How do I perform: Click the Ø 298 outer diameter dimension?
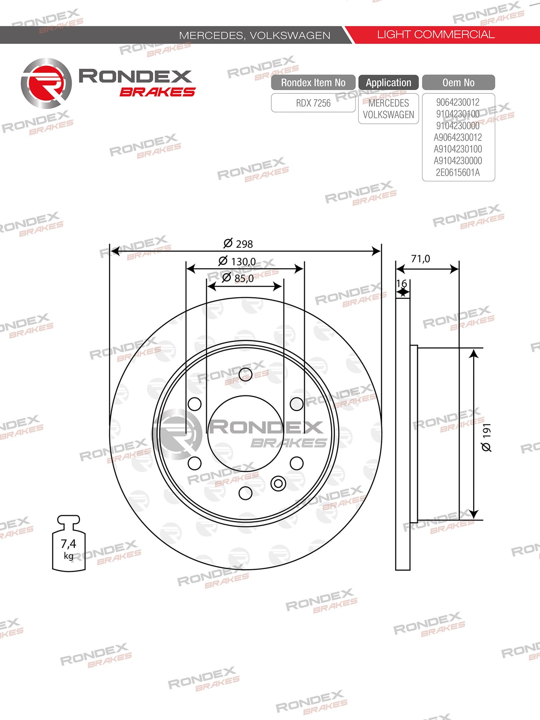[x=238, y=244]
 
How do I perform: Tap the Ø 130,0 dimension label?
[x=237, y=261]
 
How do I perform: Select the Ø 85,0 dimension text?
[x=238, y=278]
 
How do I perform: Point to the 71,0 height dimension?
[x=420, y=259]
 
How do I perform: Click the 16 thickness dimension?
[x=401, y=284]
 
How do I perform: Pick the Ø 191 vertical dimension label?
[x=486, y=437]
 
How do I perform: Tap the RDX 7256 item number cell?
[x=313, y=103]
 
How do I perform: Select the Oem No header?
[x=458, y=83]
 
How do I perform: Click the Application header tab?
[x=388, y=83]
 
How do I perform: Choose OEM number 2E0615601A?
[x=458, y=173]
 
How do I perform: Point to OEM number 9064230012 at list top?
[x=458, y=102]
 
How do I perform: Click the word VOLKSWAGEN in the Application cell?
[x=388, y=115]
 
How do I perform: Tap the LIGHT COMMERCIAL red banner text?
[x=436, y=34]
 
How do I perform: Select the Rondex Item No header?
[x=313, y=83]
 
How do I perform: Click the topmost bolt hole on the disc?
[x=246, y=374]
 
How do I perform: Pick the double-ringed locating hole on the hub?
[x=278, y=483]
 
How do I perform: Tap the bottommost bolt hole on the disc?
[x=246, y=493]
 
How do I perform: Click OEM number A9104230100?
[x=458, y=149]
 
